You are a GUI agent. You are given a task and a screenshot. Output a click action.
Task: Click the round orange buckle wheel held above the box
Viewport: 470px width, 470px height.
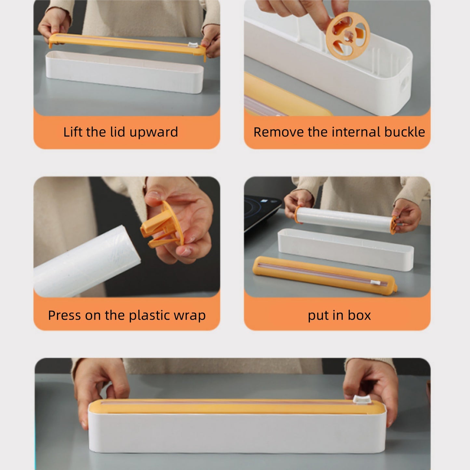tap(348, 36)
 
